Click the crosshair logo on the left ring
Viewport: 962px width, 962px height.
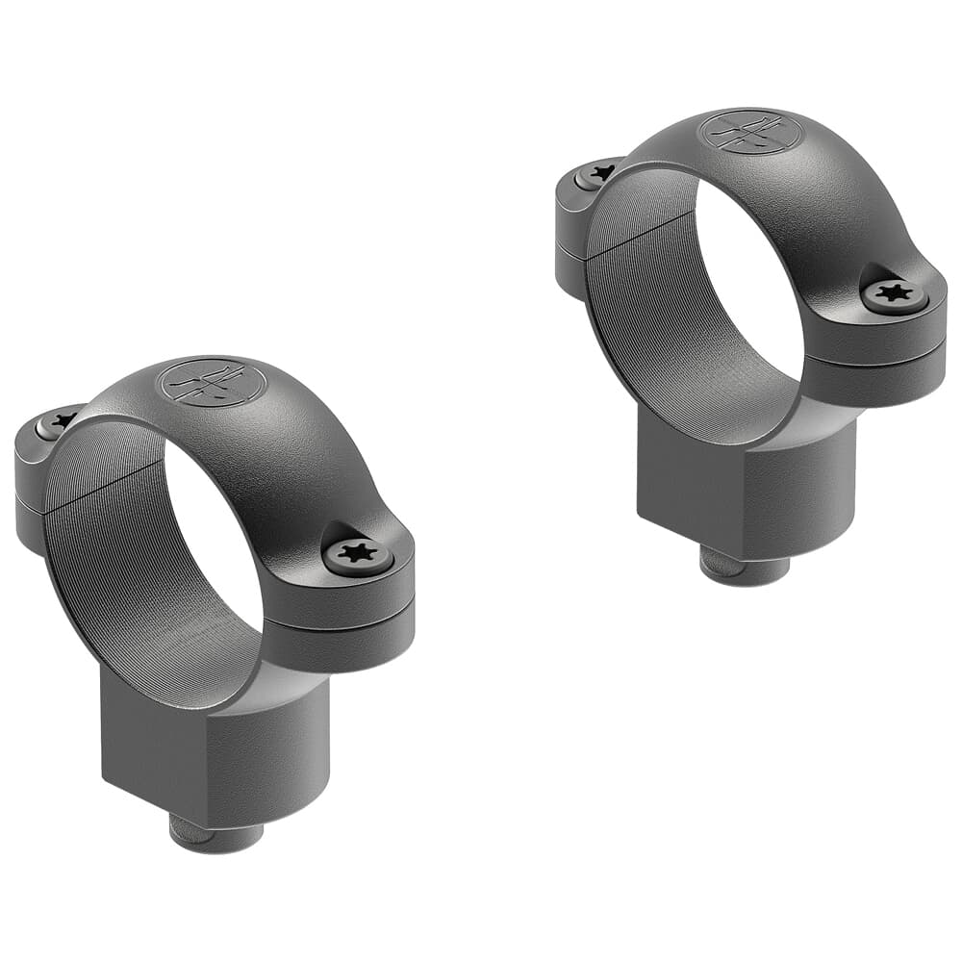coord(212,382)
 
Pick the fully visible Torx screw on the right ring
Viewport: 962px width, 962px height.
coord(894,292)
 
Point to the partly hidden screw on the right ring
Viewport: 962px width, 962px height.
coord(598,174)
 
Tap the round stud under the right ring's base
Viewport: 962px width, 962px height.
coord(743,567)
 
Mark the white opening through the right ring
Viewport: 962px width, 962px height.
coord(750,289)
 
